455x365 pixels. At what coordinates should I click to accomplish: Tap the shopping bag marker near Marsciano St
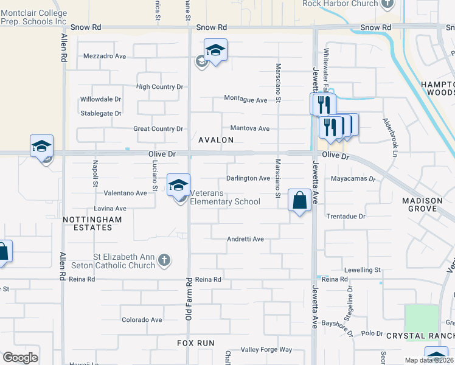pos(299,200)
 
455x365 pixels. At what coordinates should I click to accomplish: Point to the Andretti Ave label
pos(245,239)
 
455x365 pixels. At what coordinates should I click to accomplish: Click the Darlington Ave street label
pos(248,178)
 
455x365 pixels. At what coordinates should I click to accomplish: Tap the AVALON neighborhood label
pos(216,140)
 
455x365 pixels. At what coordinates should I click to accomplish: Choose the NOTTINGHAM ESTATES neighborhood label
pos(88,223)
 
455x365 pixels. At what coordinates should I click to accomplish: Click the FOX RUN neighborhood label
pos(196,343)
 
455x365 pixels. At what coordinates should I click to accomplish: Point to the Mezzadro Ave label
pos(104,56)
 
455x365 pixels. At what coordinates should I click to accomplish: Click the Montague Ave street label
pos(246,99)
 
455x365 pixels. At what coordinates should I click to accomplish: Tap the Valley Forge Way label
pos(266,350)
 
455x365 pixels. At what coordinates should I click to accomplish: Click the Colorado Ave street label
pos(142,319)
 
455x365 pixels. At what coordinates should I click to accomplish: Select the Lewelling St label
pos(361,269)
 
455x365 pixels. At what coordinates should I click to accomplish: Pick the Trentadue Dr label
pos(346,216)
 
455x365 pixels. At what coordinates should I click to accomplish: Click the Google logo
pos(21,358)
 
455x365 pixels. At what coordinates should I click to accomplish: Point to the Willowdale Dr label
pos(101,99)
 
